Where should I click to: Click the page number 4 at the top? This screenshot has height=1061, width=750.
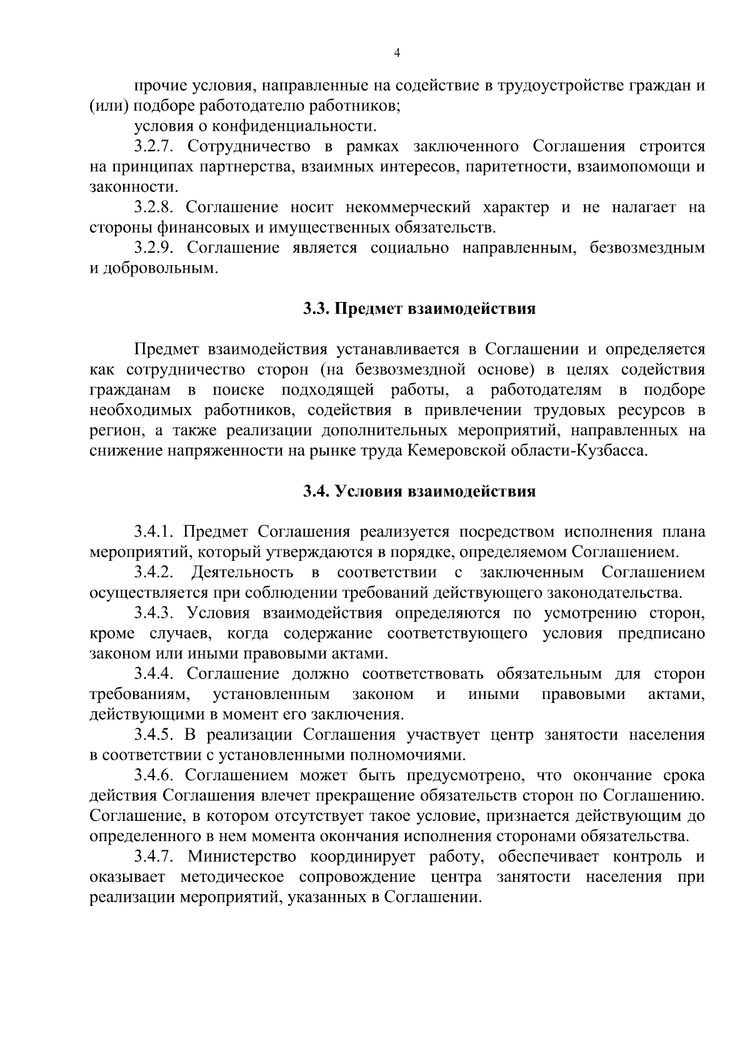tap(397, 54)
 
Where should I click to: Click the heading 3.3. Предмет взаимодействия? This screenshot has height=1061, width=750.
tap(419, 309)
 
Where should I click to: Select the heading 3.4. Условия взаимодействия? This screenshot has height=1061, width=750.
tap(419, 491)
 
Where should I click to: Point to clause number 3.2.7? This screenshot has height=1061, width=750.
tap(154, 147)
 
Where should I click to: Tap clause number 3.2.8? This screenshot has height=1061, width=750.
tap(154, 208)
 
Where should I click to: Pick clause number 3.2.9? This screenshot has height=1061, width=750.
tap(154, 248)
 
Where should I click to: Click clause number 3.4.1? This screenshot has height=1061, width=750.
tap(154, 532)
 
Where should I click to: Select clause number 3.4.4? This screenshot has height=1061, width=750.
tap(154, 674)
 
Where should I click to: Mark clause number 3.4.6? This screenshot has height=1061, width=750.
tap(154, 776)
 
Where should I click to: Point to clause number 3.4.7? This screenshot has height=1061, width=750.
tap(154, 857)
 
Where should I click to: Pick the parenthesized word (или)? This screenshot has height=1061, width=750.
tap(109, 106)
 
